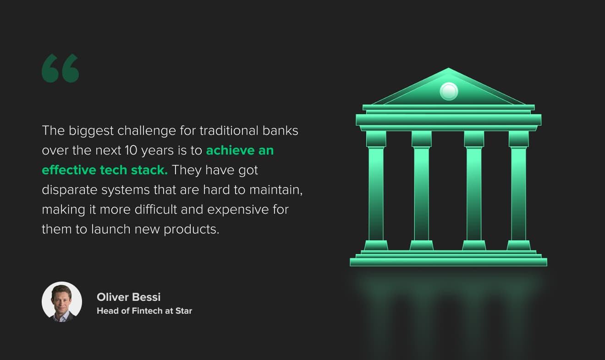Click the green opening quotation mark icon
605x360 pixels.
click(x=60, y=68)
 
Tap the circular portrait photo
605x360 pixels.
click(x=62, y=302)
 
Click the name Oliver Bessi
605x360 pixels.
click(x=128, y=297)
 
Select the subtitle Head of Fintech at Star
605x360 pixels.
click(x=144, y=311)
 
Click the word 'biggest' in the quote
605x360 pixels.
click(x=91, y=131)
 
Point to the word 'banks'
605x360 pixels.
click(x=280, y=131)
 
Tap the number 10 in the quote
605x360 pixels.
click(x=131, y=150)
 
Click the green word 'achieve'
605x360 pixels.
click(x=231, y=150)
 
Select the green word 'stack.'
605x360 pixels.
click(x=149, y=170)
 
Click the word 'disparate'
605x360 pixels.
click(x=69, y=190)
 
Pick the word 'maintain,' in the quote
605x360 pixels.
click(x=276, y=190)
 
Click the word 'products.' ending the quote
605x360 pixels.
click(x=191, y=230)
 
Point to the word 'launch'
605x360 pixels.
click(x=111, y=229)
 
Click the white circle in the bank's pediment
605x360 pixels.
click(x=449, y=91)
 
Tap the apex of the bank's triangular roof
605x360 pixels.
click(x=449, y=68)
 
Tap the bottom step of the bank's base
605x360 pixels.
click(x=448, y=262)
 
